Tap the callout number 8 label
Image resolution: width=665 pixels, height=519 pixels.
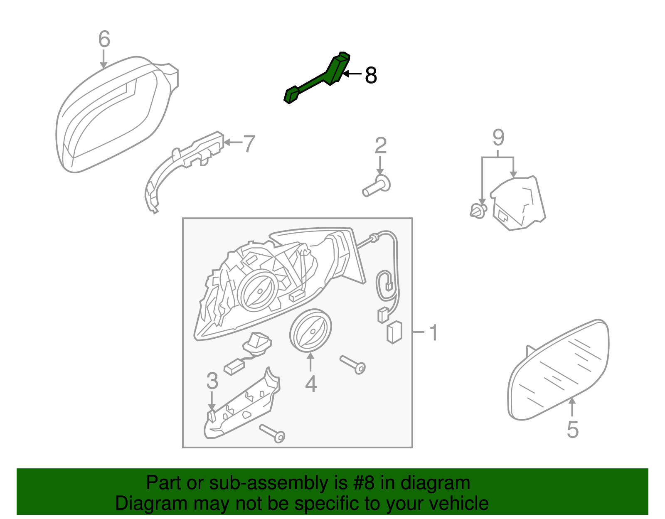pos(371,76)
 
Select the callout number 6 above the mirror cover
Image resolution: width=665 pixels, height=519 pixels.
pos(104,39)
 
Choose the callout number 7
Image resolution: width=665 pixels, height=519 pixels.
pos(249,143)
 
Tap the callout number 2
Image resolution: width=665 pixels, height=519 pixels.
pos(380,145)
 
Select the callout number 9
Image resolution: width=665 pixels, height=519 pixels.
pos(498,137)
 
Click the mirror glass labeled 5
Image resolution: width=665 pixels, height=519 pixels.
pos(559,370)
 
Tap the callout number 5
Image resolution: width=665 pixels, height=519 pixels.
pos(572,429)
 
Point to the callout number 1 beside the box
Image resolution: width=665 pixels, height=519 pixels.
pos(433,333)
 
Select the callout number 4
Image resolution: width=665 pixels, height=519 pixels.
pos(311,383)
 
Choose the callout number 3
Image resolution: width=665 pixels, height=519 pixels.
pos(212,381)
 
